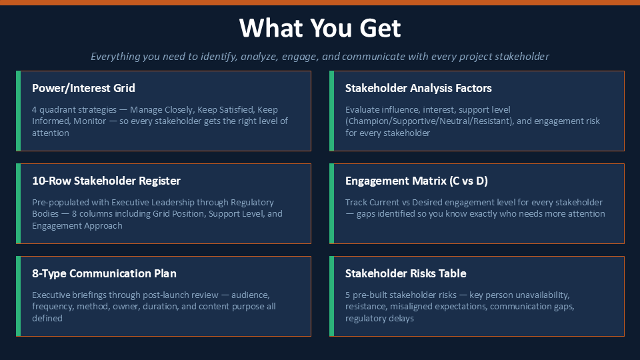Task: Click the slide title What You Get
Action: coord(320,28)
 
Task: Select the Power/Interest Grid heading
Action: coord(84,88)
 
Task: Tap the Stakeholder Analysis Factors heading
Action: coord(419,88)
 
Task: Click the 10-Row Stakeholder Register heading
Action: coord(106,181)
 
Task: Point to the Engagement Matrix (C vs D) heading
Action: coord(416,181)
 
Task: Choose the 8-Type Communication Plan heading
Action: coord(104,273)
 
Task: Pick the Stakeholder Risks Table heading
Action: coord(406,273)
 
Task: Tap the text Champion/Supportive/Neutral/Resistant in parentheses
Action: coord(428,121)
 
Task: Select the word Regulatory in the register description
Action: coord(252,203)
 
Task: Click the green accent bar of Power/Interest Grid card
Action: coord(19,111)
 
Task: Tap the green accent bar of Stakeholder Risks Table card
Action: coord(332,296)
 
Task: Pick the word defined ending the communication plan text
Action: coord(47,319)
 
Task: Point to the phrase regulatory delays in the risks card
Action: coord(379,319)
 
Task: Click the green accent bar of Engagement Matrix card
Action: coord(332,204)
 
